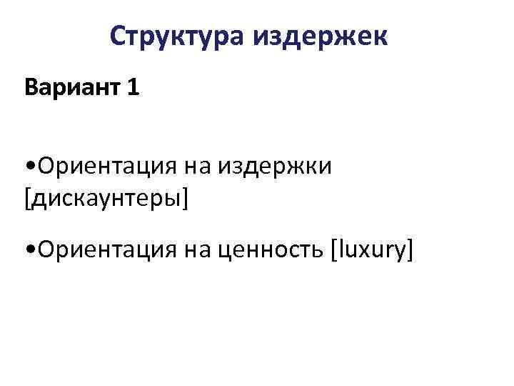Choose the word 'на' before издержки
pyautogui.click(x=200, y=167)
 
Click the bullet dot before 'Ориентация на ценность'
pyautogui.click(x=29, y=252)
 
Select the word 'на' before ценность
pyautogui.click(x=200, y=251)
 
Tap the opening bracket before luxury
pyautogui.click(x=333, y=252)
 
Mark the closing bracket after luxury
pyautogui.click(x=410, y=252)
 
